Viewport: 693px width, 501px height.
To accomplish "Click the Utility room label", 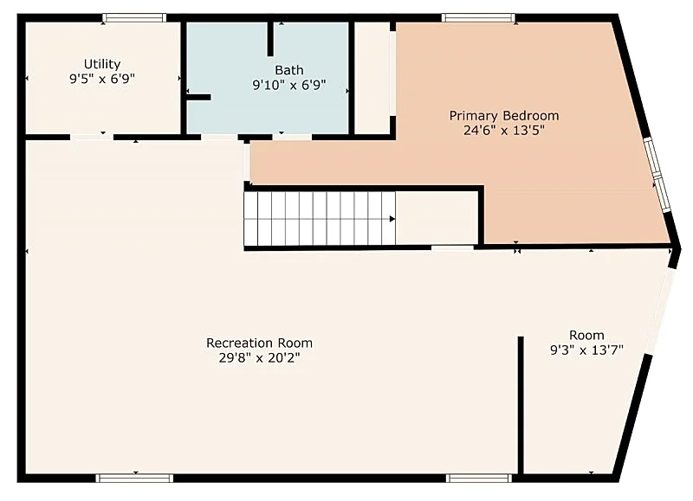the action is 102,64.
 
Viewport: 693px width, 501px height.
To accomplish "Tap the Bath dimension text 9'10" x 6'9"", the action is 289,85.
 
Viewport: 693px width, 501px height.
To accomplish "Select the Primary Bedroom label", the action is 504,116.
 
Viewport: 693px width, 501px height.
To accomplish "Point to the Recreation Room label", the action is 259,343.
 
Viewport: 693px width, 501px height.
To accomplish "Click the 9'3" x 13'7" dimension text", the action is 586,350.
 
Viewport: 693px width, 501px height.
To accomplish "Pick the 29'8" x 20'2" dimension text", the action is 259,357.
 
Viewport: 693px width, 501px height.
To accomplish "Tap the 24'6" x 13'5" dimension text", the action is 504,131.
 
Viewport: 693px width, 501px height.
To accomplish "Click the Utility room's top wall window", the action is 134,17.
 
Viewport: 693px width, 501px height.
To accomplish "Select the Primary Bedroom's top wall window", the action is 478,17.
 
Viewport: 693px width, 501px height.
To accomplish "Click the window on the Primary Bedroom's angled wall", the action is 657,176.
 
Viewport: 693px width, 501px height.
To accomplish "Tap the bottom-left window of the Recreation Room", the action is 134,478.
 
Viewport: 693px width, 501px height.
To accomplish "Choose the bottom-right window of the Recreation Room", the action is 479,478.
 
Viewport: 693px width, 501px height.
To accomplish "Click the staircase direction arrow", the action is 392,219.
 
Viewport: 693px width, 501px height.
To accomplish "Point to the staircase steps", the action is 320,219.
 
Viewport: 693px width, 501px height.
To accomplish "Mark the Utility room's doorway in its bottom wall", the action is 92,138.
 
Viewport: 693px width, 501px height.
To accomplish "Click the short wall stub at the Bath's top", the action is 270,39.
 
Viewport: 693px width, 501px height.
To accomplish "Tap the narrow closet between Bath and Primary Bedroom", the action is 372,78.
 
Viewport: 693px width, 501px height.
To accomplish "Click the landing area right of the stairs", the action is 437,219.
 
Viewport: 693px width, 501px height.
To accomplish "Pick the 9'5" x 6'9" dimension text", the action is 102,79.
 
